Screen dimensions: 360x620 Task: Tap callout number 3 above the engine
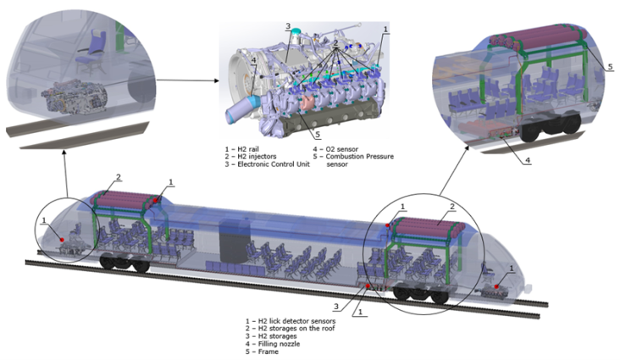288,28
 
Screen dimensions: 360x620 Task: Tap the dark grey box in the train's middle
230,242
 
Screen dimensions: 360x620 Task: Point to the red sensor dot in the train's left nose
62,240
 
